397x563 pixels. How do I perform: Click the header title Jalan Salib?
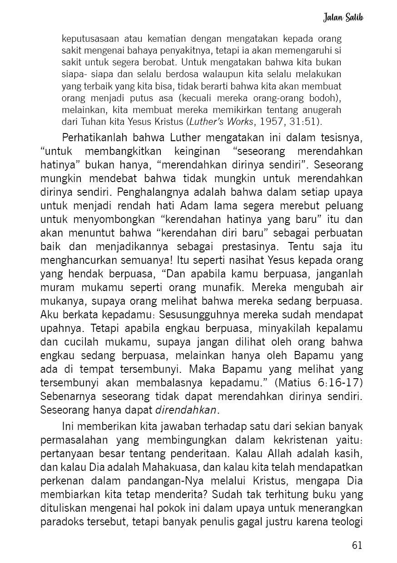344,18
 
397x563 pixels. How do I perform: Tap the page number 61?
357,544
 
